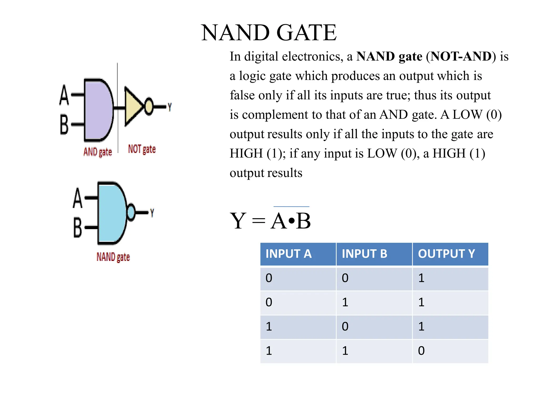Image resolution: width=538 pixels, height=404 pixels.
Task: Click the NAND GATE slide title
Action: [x=269, y=33]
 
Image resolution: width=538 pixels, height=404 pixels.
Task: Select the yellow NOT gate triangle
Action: [x=133, y=106]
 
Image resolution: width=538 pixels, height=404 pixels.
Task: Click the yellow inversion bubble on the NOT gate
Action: [x=149, y=106]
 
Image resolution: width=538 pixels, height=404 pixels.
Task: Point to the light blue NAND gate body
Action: [x=112, y=213]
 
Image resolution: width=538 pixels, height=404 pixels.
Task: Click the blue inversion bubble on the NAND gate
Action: [x=131, y=212]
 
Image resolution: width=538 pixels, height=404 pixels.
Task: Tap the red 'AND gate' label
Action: [x=98, y=152]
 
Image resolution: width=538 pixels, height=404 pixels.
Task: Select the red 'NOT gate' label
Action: [x=142, y=149]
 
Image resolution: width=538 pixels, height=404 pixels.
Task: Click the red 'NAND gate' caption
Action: [x=113, y=257]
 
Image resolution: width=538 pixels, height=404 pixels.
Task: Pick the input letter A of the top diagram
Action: [x=64, y=95]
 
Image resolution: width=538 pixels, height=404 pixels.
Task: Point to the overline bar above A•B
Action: [x=291, y=207]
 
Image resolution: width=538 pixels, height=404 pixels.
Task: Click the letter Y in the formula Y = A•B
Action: [x=238, y=221]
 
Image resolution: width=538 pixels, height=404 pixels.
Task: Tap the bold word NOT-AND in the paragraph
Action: [x=461, y=56]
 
